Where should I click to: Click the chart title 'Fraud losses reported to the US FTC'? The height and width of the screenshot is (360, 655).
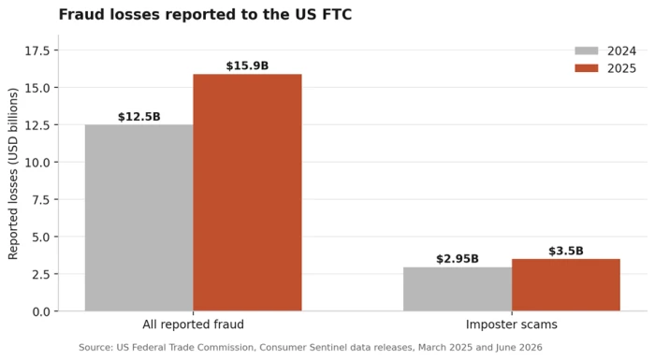(x=205, y=15)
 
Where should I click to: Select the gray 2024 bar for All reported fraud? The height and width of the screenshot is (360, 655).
(x=139, y=218)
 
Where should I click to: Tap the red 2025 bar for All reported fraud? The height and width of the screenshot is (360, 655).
(x=247, y=193)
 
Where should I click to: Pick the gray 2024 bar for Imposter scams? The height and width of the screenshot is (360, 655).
(x=458, y=289)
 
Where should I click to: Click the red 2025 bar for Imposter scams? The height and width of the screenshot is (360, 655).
(x=566, y=285)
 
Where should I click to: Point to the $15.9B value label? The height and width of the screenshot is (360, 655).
(x=247, y=65)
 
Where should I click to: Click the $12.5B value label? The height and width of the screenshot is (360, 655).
(x=139, y=117)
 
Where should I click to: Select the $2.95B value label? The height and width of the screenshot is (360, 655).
(x=458, y=259)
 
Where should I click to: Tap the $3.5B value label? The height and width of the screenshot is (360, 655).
(x=566, y=251)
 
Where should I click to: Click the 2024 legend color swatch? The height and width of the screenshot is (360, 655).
(x=587, y=50)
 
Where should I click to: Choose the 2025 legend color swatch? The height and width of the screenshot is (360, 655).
(x=587, y=68)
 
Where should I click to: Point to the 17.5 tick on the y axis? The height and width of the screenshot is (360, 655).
(x=36, y=50)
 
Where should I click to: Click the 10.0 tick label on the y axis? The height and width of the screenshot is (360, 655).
(x=36, y=162)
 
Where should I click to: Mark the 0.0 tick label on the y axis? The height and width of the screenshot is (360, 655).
(x=40, y=311)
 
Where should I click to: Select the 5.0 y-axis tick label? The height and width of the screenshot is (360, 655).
(x=40, y=237)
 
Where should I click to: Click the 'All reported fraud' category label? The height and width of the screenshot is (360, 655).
(x=193, y=324)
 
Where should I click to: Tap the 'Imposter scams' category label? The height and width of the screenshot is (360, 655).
(x=512, y=324)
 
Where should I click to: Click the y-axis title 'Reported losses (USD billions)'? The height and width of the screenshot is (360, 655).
(x=13, y=173)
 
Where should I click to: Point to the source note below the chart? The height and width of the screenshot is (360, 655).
(x=311, y=347)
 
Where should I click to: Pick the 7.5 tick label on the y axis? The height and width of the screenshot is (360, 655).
(x=40, y=199)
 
